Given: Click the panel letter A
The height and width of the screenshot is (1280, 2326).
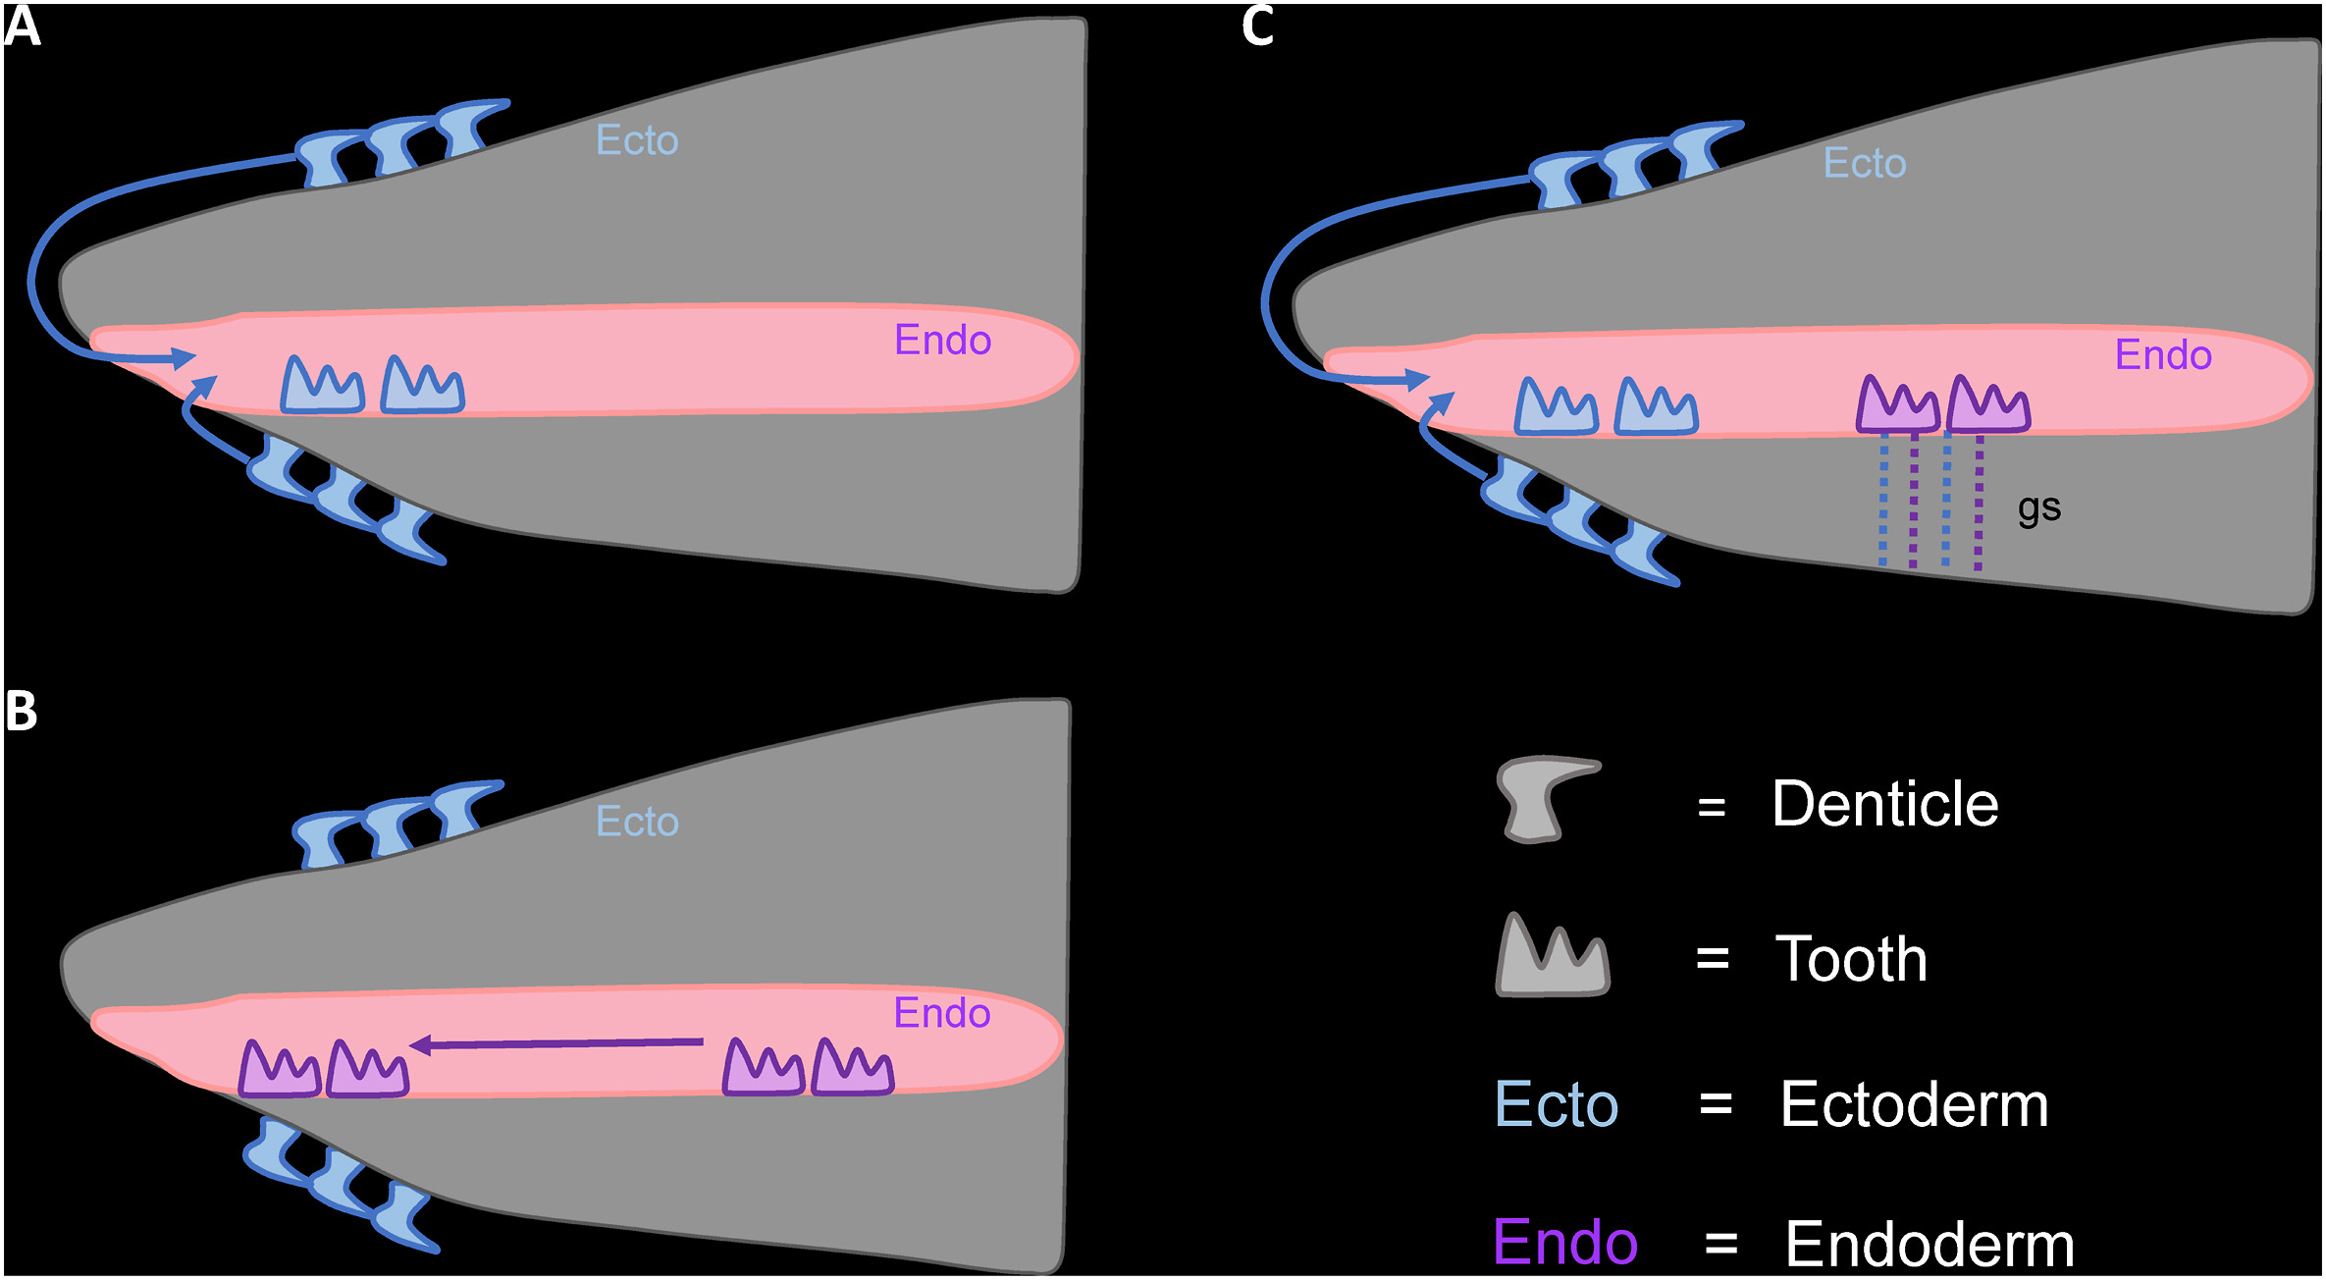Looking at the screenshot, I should (x=22, y=27).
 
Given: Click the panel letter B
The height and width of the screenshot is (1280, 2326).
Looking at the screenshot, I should (x=22, y=711).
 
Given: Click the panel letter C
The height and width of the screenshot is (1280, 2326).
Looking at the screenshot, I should (x=1257, y=27).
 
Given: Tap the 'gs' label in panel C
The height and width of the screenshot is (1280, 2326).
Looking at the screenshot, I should (x=2038, y=508).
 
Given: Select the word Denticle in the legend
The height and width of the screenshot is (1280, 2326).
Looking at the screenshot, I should (x=1884, y=805).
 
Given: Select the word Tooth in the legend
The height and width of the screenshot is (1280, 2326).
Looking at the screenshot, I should (x=1851, y=959).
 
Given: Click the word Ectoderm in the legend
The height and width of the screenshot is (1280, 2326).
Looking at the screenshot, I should (x=1914, y=1105).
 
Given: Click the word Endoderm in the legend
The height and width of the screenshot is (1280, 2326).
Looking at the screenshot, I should (x=1929, y=1245).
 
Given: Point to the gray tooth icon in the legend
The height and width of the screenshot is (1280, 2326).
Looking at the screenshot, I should (x=1552, y=957).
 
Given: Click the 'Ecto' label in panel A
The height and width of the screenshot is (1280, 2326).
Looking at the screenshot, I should (x=637, y=140).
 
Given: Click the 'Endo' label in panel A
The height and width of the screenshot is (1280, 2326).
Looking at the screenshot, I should (x=942, y=341).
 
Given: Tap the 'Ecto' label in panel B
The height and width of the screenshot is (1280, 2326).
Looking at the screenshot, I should (x=637, y=822).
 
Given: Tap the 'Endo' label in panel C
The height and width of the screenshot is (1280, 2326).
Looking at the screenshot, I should (x=2162, y=355).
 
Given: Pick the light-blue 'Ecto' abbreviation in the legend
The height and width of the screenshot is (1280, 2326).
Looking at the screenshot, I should (x=1556, y=1105).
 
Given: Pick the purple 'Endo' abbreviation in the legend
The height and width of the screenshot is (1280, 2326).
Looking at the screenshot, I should (x=1564, y=1243).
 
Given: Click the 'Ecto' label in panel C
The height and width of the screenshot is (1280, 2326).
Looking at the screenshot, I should (x=1864, y=163).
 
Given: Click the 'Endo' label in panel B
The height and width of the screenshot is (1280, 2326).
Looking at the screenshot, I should (x=941, y=1013).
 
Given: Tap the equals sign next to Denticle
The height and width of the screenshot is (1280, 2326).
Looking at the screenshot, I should (x=1712, y=808).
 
